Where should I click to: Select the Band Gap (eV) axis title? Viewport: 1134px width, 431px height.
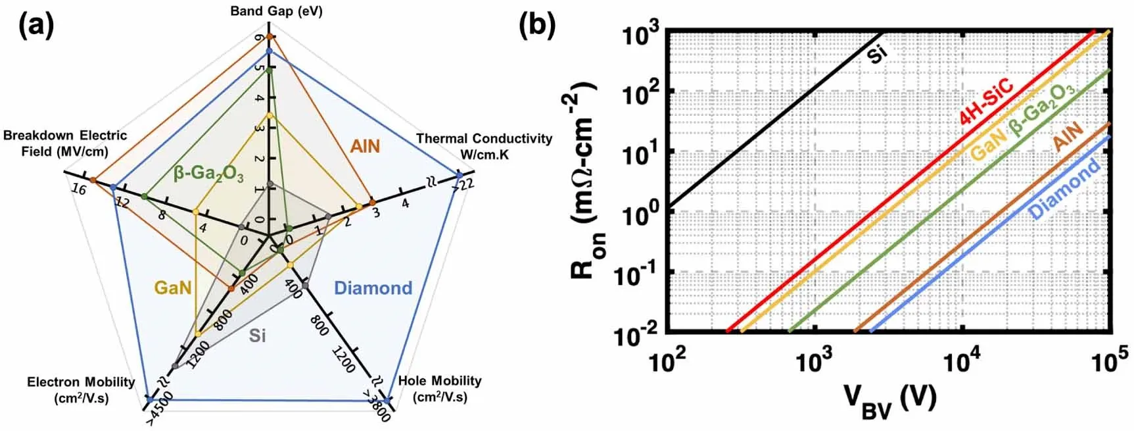276,11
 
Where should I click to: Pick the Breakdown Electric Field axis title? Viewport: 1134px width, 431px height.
64,143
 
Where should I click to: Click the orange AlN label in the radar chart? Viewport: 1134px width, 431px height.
365,145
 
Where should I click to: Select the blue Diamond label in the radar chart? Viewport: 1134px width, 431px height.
373,288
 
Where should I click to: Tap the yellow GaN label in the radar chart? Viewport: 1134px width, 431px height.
173,288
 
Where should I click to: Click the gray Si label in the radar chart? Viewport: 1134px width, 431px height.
257,336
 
